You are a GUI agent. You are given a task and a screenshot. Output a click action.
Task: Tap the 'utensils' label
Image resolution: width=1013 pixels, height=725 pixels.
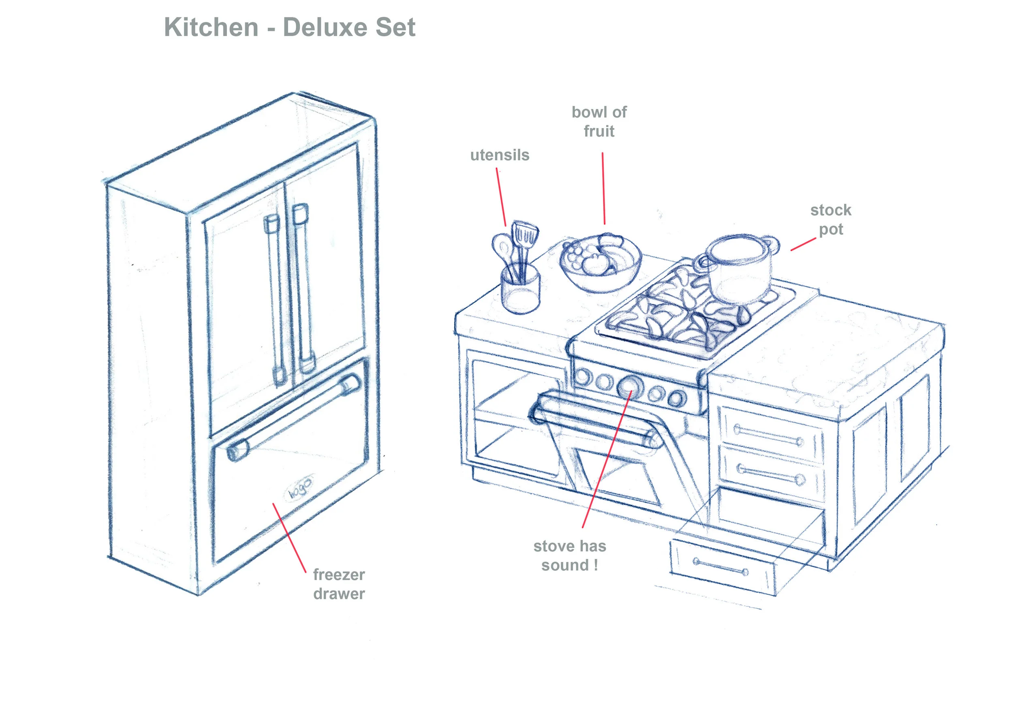[x=499, y=155]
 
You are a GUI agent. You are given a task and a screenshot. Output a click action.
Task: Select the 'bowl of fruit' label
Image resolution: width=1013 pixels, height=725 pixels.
[x=598, y=121]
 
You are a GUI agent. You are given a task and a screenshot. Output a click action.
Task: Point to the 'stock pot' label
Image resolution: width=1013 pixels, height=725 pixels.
[x=830, y=220]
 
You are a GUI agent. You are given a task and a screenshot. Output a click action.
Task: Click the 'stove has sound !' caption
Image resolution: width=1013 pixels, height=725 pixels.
[x=569, y=556]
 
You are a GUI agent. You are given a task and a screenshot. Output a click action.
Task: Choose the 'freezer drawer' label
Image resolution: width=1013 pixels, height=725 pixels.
[x=339, y=584]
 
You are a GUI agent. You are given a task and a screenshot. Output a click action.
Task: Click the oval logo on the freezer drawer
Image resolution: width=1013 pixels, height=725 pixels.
[x=299, y=486]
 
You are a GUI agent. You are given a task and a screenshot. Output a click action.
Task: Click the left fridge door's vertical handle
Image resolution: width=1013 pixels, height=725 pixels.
[x=275, y=299]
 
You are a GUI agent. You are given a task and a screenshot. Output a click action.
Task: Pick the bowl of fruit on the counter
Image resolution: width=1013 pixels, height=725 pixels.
[x=600, y=264]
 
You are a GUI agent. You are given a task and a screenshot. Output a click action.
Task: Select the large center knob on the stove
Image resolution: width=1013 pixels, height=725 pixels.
[x=629, y=386]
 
